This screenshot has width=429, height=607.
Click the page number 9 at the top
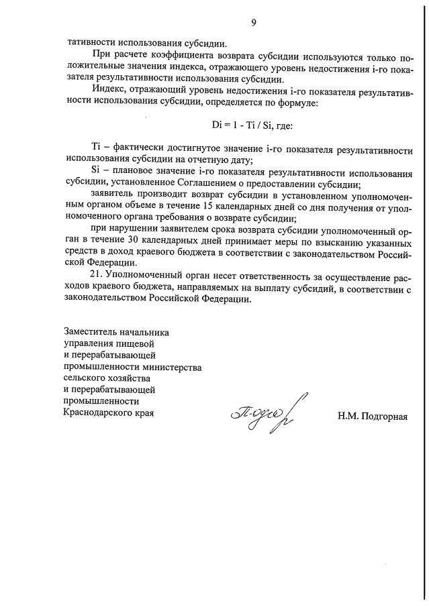254,24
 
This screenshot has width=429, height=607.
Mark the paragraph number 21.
97,276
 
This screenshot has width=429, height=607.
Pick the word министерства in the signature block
172,367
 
